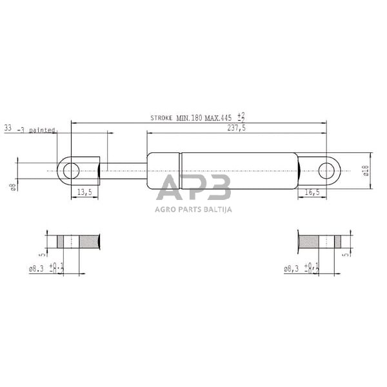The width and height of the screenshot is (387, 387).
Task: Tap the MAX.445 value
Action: tap(218, 119)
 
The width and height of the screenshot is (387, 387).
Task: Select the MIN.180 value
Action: tap(190, 119)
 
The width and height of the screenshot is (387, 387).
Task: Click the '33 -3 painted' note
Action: tap(29, 129)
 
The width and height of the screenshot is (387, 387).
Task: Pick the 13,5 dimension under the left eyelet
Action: tap(84, 193)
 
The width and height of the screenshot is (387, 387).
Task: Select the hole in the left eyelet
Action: tap(71, 170)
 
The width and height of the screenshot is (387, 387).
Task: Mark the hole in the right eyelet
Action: tap(329, 170)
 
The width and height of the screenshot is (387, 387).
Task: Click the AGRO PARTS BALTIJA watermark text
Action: tap(193, 208)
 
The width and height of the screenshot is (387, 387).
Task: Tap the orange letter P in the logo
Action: tap(193, 188)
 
